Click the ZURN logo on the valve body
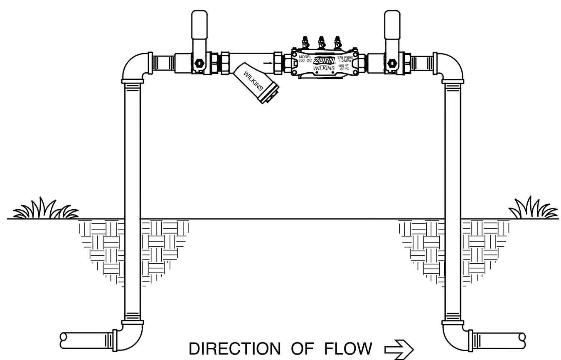coord(324,61)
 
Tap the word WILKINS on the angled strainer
coord(253,81)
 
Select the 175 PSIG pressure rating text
coord(345,58)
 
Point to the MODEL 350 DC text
coord(305,59)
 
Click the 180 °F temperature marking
coord(343,66)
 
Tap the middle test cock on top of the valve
coord(321,42)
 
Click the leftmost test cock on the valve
coord(305,42)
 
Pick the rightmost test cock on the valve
coord(337,42)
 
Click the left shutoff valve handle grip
coord(199,24)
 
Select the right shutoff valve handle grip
coord(392,24)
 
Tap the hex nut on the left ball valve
coord(198,63)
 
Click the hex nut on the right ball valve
coord(391,63)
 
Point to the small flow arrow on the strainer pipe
coord(268,63)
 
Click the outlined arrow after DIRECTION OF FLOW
coord(399,349)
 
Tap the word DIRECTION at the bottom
coord(234,349)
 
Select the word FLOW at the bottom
coord(348,349)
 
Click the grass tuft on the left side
coord(46,210)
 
